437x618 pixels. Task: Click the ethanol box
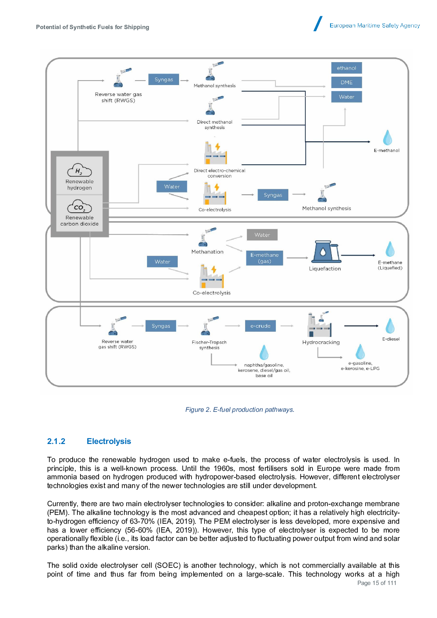pos(346,68)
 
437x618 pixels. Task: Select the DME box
pos(346,82)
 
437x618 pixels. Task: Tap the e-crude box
pos(261,326)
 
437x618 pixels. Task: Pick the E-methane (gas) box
pos(264,258)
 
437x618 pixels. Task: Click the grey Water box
pos(262,235)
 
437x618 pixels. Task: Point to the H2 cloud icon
pos(79,170)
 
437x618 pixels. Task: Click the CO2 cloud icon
pos(79,207)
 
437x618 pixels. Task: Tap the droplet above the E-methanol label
pos(387,137)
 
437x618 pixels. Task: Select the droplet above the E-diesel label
pos(390,326)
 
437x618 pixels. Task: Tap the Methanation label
pos(207,252)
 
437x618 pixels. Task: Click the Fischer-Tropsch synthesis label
pos(209,345)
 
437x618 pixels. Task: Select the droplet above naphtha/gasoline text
pos(264,352)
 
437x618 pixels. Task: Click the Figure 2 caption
pos(239,410)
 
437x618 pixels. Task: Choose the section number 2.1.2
pos(56,441)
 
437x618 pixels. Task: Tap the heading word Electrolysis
pos(109,441)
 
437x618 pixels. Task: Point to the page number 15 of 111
pos(377,583)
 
